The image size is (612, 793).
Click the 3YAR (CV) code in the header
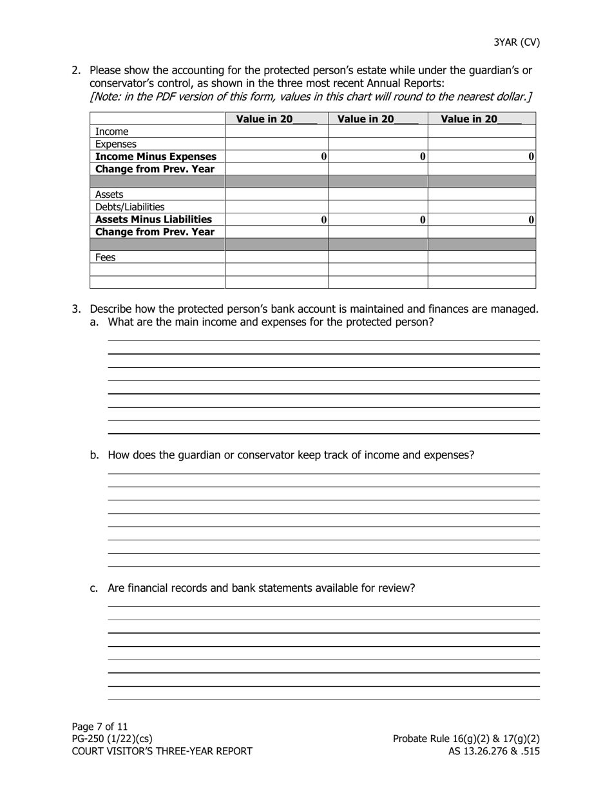(517, 43)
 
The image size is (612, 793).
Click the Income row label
(111, 132)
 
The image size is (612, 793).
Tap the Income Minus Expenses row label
(156, 157)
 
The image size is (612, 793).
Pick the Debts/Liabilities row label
(129, 207)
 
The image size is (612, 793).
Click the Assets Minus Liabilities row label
(153, 219)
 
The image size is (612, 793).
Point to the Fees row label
(105, 257)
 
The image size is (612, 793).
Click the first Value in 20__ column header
(276, 119)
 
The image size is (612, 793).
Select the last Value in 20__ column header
(481, 119)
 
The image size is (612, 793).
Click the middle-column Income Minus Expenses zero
(423, 157)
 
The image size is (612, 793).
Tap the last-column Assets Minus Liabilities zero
(531, 220)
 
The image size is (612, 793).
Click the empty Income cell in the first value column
(276, 132)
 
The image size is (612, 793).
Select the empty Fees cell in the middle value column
(378, 257)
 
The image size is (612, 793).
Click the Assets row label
(109, 194)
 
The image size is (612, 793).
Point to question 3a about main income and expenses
(271, 322)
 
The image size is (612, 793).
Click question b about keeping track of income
(291, 455)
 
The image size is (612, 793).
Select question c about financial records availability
(261, 588)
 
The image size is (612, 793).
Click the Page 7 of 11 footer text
(100, 727)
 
